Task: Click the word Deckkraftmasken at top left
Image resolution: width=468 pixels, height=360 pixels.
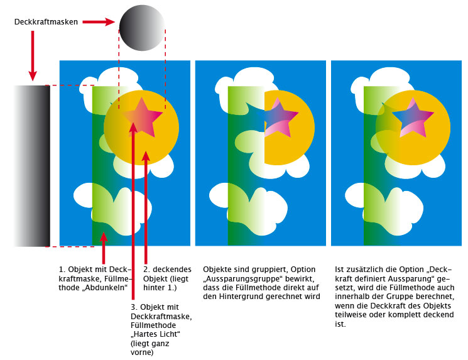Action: tap(46, 22)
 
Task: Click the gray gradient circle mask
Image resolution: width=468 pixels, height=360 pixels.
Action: tap(142, 28)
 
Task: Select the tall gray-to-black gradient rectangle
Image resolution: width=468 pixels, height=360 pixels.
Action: tap(32, 166)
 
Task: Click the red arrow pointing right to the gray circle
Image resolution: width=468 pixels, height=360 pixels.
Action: tap(99, 22)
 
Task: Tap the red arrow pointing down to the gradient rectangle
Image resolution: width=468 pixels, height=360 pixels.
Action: tap(33, 56)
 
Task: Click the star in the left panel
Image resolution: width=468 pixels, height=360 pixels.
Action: tap(143, 117)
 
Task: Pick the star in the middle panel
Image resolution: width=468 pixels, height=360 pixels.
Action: tap(278, 117)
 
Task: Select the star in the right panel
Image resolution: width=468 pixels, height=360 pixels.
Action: tap(413, 117)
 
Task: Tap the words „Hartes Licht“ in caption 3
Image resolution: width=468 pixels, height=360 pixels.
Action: tap(156, 334)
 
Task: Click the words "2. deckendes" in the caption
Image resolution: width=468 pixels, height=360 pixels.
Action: tap(167, 270)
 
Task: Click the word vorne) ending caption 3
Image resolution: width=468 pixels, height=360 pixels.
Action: tap(142, 352)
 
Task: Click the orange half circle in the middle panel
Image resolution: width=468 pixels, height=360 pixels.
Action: tap(290, 128)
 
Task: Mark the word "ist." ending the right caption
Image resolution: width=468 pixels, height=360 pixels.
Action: tap(340, 324)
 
